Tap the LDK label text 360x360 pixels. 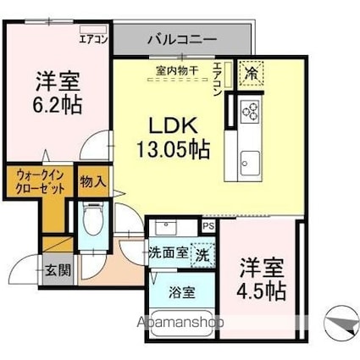click(174, 128)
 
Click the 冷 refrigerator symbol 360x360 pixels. click(252, 75)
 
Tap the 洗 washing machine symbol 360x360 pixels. click(204, 252)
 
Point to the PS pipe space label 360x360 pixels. click(208, 226)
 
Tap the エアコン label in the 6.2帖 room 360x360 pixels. click(92, 38)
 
